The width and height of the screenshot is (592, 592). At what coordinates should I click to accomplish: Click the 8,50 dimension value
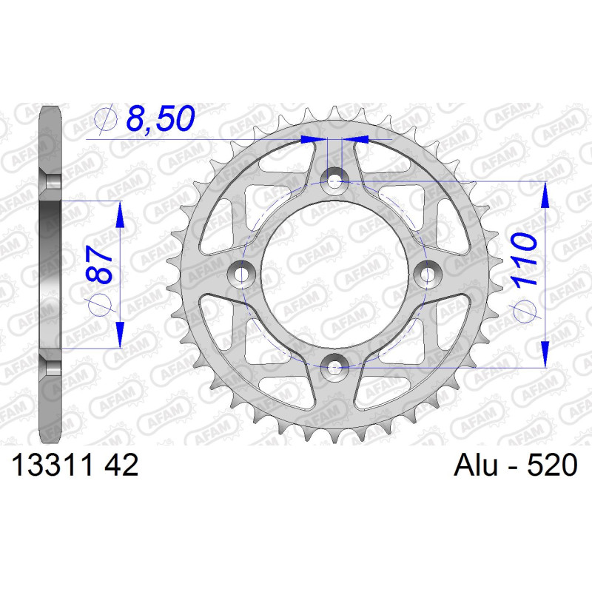(161, 118)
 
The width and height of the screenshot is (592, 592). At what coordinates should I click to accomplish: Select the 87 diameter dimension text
(99, 265)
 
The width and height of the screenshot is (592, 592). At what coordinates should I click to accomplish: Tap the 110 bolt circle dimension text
(524, 259)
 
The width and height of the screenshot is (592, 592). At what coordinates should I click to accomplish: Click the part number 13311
(53, 465)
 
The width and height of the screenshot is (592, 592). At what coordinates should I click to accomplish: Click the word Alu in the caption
(476, 465)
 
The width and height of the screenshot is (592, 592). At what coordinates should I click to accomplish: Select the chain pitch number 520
(552, 465)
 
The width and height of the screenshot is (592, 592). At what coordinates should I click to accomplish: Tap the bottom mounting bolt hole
(334, 366)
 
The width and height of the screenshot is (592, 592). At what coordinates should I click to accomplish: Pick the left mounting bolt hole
(242, 275)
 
